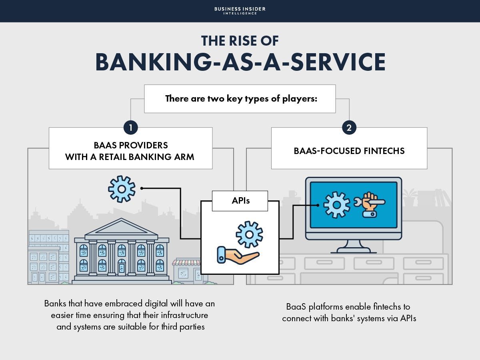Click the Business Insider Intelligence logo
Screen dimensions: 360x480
[240, 10]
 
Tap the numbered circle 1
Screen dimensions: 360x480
[130, 128]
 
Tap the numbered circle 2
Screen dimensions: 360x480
[349, 128]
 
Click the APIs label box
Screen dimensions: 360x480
[240, 200]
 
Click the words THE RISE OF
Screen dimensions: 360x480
[240, 41]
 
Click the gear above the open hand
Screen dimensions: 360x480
[249, 234]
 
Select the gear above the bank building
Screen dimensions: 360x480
[122, 188]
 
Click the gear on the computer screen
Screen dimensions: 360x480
[336, 204]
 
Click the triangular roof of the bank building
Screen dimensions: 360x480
[122, 229]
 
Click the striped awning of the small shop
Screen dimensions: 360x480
[186, 263]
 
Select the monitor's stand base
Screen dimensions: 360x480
[354, 250]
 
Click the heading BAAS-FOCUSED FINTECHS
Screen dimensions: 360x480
[349, 151]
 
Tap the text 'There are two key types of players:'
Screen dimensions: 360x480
[241, 98]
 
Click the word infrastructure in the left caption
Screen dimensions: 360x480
[184, 315]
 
